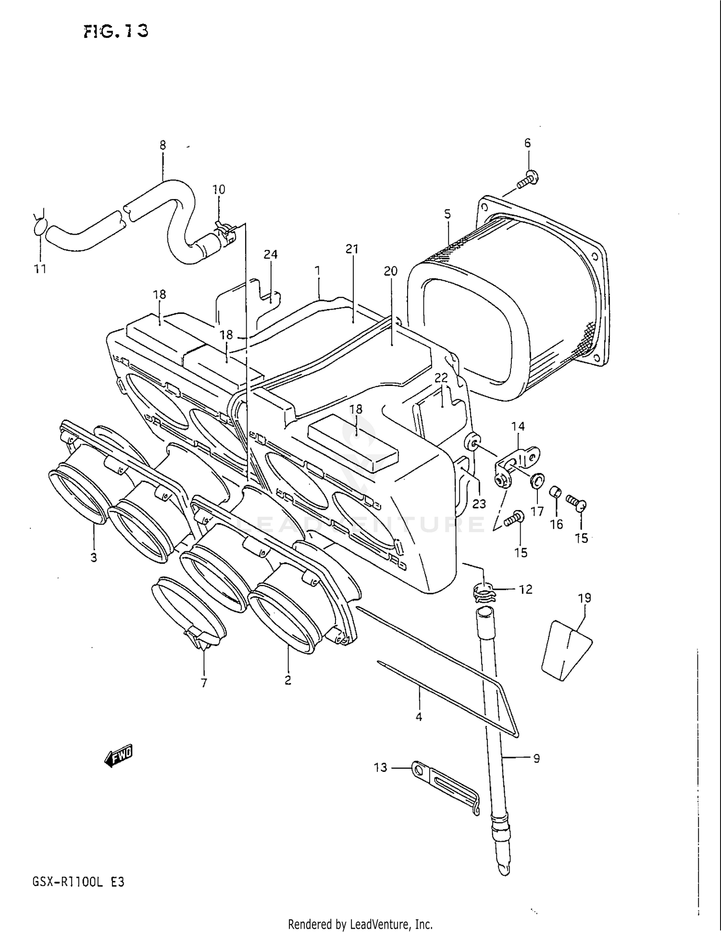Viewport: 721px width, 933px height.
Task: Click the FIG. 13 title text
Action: (x=115, y=31)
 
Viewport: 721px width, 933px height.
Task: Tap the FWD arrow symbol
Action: (x=118, y=756)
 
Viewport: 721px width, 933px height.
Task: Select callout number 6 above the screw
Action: (x=527, y=143)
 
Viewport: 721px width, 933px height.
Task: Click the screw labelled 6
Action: (x=528, y=180)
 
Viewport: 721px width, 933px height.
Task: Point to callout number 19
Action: (x=584, y=598)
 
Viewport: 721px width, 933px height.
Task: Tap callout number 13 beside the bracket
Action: (x=380, y=768)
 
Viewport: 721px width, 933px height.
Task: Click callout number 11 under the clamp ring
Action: (x=40, y=269)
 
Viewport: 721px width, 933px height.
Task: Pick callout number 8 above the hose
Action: (x=162, y=145)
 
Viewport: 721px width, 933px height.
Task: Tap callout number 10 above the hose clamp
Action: (x=219, y=189)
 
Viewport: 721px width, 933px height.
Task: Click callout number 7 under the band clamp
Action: (x=204, y=683)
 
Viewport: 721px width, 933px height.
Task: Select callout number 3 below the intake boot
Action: (x=94, y=557)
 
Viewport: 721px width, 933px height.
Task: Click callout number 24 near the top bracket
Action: (x=271, y=254)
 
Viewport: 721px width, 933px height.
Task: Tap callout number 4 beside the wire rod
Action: (x=419, y=717)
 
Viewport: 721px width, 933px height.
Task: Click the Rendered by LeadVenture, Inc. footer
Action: (x=360, y=924)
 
